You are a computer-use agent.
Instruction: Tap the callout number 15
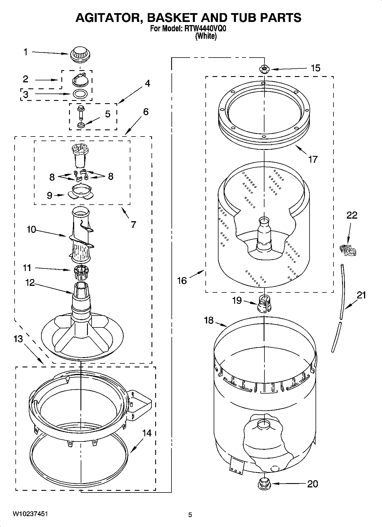click(316, 68)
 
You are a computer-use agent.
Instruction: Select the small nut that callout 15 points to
click(264, 68)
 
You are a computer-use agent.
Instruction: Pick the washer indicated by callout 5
click(81, 125)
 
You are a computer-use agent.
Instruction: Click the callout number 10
click(31, 229)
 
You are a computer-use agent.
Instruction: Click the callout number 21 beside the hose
click(361, 295)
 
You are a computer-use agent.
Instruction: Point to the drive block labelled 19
click(264, 304)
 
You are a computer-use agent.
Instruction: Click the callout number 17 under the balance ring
click(313, 159)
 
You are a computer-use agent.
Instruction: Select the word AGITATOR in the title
click(106, 18)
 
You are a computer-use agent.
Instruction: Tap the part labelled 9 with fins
click(80, 192)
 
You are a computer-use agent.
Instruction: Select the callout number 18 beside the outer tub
click(209, 320)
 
